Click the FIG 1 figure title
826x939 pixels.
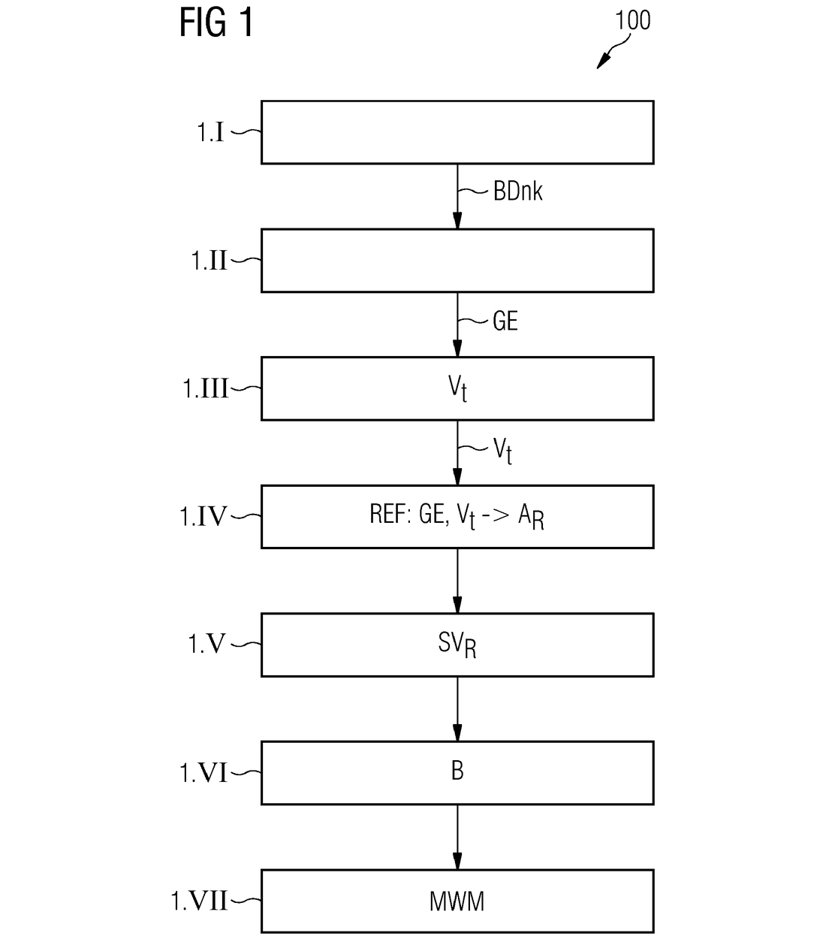(216, 23)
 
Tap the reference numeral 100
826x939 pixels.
(632, 20)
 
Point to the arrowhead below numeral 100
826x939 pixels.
(603, 61)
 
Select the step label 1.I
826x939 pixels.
(211, 132)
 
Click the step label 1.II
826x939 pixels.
(209, 261)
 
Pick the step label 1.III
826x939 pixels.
(205, 388)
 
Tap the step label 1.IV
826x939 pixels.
(203, 516)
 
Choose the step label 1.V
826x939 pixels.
(206, 645)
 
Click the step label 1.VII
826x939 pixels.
(199, 901)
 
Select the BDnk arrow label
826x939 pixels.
(517, 191)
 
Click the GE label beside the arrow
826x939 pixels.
(505, 321)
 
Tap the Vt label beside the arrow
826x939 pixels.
(502, 450)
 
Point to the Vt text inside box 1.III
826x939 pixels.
(457, 388)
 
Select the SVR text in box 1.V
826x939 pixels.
(457, 645)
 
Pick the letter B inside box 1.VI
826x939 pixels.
(457, 771)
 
